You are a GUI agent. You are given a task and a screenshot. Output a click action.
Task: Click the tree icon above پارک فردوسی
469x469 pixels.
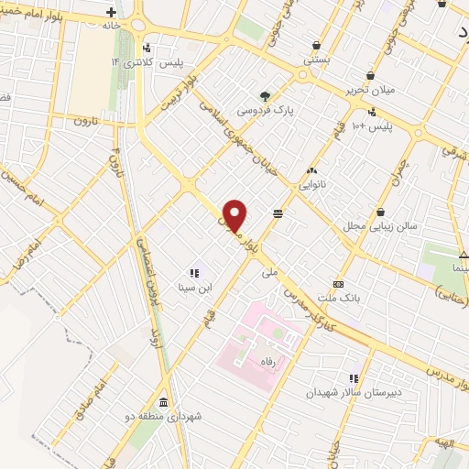coord(265,95)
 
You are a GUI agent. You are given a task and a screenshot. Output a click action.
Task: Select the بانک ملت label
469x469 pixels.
coord(338,299)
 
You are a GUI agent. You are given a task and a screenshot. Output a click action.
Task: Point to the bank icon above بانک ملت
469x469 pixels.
coord(338,284)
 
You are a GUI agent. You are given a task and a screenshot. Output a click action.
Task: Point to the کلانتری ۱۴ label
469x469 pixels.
coord(128,61)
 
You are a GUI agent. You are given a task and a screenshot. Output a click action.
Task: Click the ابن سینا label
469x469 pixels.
coord(193,288)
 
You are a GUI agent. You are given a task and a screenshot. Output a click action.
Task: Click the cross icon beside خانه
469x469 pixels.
coord(111,13)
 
